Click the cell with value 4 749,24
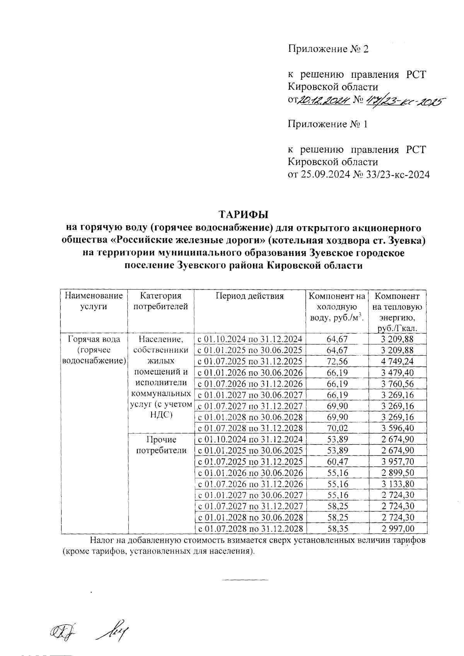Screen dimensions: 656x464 (x=397, y=361)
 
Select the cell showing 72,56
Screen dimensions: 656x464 (x=337, y=361)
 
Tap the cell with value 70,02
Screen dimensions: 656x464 (x=337, y=428)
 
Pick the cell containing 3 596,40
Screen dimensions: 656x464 (x=397, y=428)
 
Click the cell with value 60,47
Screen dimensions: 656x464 (x=337, y=462)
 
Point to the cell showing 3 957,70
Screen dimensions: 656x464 (x=397, y=462)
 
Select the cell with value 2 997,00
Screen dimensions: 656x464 (x=397, y=528)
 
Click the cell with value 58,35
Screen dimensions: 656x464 (x=337, y=528)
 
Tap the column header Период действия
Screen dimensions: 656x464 (x=249, y=296)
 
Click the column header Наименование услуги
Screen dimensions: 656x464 (x=94, y=302)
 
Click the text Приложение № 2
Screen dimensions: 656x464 (x=329, y=49)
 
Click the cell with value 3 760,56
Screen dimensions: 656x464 (x=397, y=384)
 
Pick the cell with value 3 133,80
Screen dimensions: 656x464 (x=397, y=484)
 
